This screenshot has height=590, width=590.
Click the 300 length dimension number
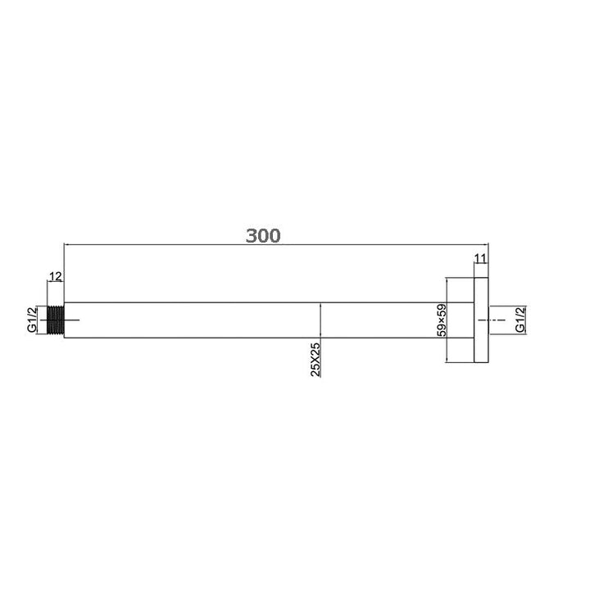263,236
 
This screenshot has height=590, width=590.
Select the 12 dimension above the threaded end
55,277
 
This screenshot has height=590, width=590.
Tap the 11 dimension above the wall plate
481,260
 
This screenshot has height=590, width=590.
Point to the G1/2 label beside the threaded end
31,320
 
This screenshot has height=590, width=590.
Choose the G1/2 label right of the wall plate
520,320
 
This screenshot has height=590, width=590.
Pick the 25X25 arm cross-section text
315,359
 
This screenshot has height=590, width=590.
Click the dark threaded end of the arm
56,320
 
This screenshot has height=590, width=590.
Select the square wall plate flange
481,320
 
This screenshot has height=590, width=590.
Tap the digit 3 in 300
251,236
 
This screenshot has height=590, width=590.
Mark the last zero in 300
275,236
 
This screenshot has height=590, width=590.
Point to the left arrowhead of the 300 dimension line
66,244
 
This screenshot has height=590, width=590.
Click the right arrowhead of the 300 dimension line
486,244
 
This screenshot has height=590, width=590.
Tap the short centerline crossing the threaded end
69,320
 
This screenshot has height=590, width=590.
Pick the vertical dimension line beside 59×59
446,320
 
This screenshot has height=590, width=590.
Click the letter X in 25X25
315,359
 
